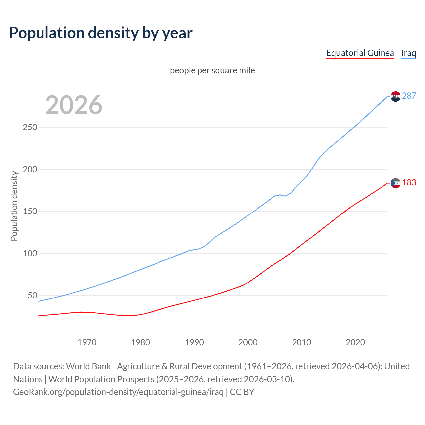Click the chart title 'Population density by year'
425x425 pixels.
pyautogui.click(x=101, y=33)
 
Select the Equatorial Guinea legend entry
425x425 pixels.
pyautogui.click(x=360, y=53)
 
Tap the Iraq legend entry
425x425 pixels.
pyautogui.click(x=408, y=53)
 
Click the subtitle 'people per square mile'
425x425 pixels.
pyautogui.click(x=212, y=70)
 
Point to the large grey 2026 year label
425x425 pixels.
pyautogui.click(x=74, y=105)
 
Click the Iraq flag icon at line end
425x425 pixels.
pyautogui.click(x=395, y=96)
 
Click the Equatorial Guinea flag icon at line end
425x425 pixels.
pyautogui.click(x=395, y=183)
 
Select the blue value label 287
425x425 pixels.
pyautogui.click(x=409, y=96)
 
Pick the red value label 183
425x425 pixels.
pyautogui.click(x=409, y=182)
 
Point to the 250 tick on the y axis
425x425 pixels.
pyautogui.click(x=30, y=127)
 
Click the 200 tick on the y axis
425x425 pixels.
pyautogui.click(x=30, y=169)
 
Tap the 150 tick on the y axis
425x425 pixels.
pyautogui.click(x=30, y=211)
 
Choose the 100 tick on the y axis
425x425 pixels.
pyautogui.click(x=30, y=253)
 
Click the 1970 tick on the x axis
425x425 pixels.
pyautogui.click(x=87, y=342)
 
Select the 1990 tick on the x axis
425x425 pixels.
pyautogui.click(x=194, y=342)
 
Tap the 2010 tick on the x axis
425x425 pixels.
pyautogui.click(x=301, y=342)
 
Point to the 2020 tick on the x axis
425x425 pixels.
pyautogui.click(x=355, y=342)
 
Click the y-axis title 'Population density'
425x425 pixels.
pyautogui.click(x=14, y=206)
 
